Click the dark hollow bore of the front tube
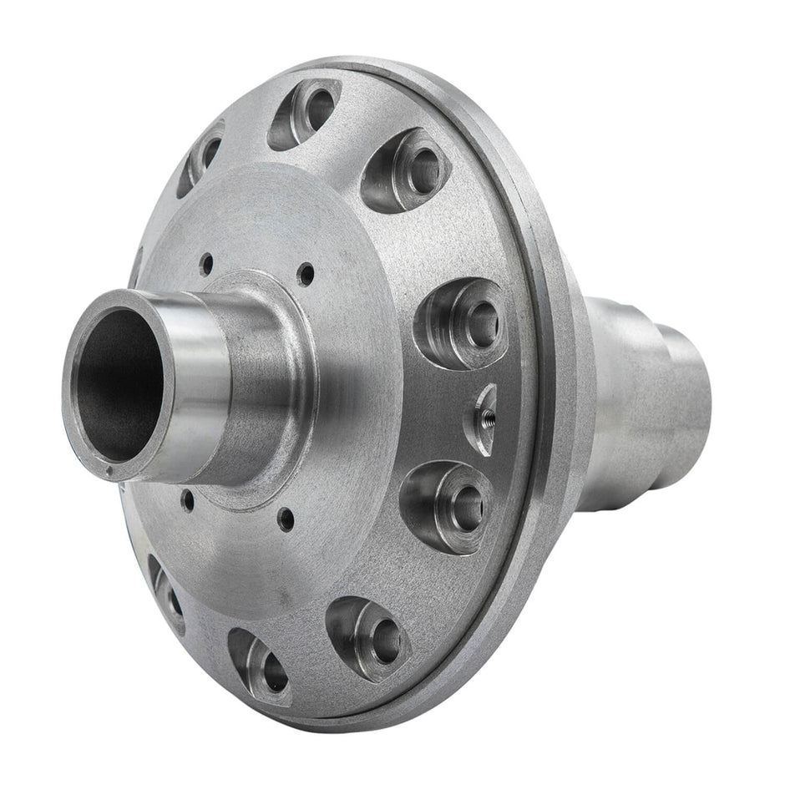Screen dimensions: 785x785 tap(117, 384)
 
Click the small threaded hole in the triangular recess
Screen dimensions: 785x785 tap(483, 414)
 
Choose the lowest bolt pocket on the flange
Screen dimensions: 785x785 tap(261, 665)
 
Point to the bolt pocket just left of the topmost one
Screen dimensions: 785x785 tap(201, 159)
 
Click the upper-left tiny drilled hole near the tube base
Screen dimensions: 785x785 tap(205, 266)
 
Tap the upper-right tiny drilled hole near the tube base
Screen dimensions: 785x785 tap(308, 272)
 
